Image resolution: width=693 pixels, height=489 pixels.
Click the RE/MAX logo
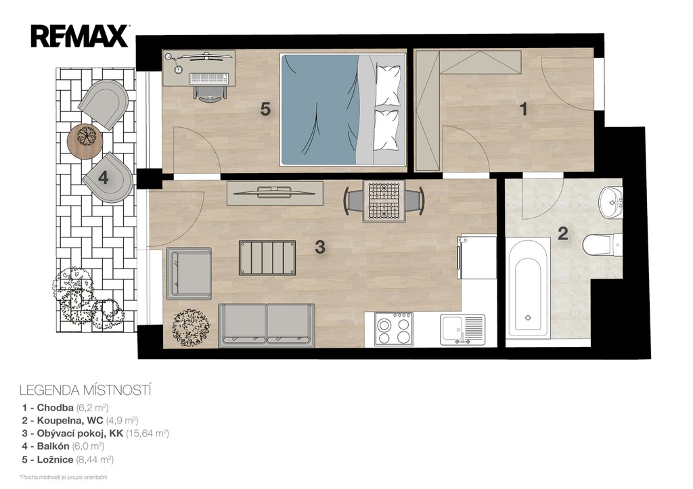point(80,36)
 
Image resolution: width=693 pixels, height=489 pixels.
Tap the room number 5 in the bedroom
point(265,109)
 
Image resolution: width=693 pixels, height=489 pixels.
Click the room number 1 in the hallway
point(524,109)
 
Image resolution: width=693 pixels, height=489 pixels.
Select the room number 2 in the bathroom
point(562,233)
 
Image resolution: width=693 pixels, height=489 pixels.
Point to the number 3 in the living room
point(320,247)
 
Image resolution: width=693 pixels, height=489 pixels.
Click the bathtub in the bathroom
point(528,288)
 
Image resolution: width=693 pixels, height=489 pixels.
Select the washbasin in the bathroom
point(611,202)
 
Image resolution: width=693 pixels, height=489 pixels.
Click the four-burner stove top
point(393,329)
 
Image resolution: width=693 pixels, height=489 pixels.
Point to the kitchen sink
point(462,329)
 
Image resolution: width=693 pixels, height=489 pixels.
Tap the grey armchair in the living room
point(189,273)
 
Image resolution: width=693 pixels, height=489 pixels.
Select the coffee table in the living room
point(267,258)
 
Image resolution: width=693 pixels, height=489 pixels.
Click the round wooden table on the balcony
point(85,141)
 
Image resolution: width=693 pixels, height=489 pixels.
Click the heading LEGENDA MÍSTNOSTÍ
point(86,390)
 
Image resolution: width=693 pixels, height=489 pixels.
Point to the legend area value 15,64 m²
point(148,434)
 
